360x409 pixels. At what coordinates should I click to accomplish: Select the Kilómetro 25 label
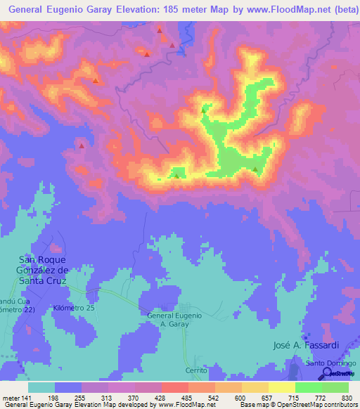pos(72,308)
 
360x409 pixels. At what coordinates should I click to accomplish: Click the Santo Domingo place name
pos(330,363)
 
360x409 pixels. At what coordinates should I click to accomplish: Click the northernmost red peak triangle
pos(160,31)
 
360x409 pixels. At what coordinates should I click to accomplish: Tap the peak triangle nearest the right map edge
pos(256,169)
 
